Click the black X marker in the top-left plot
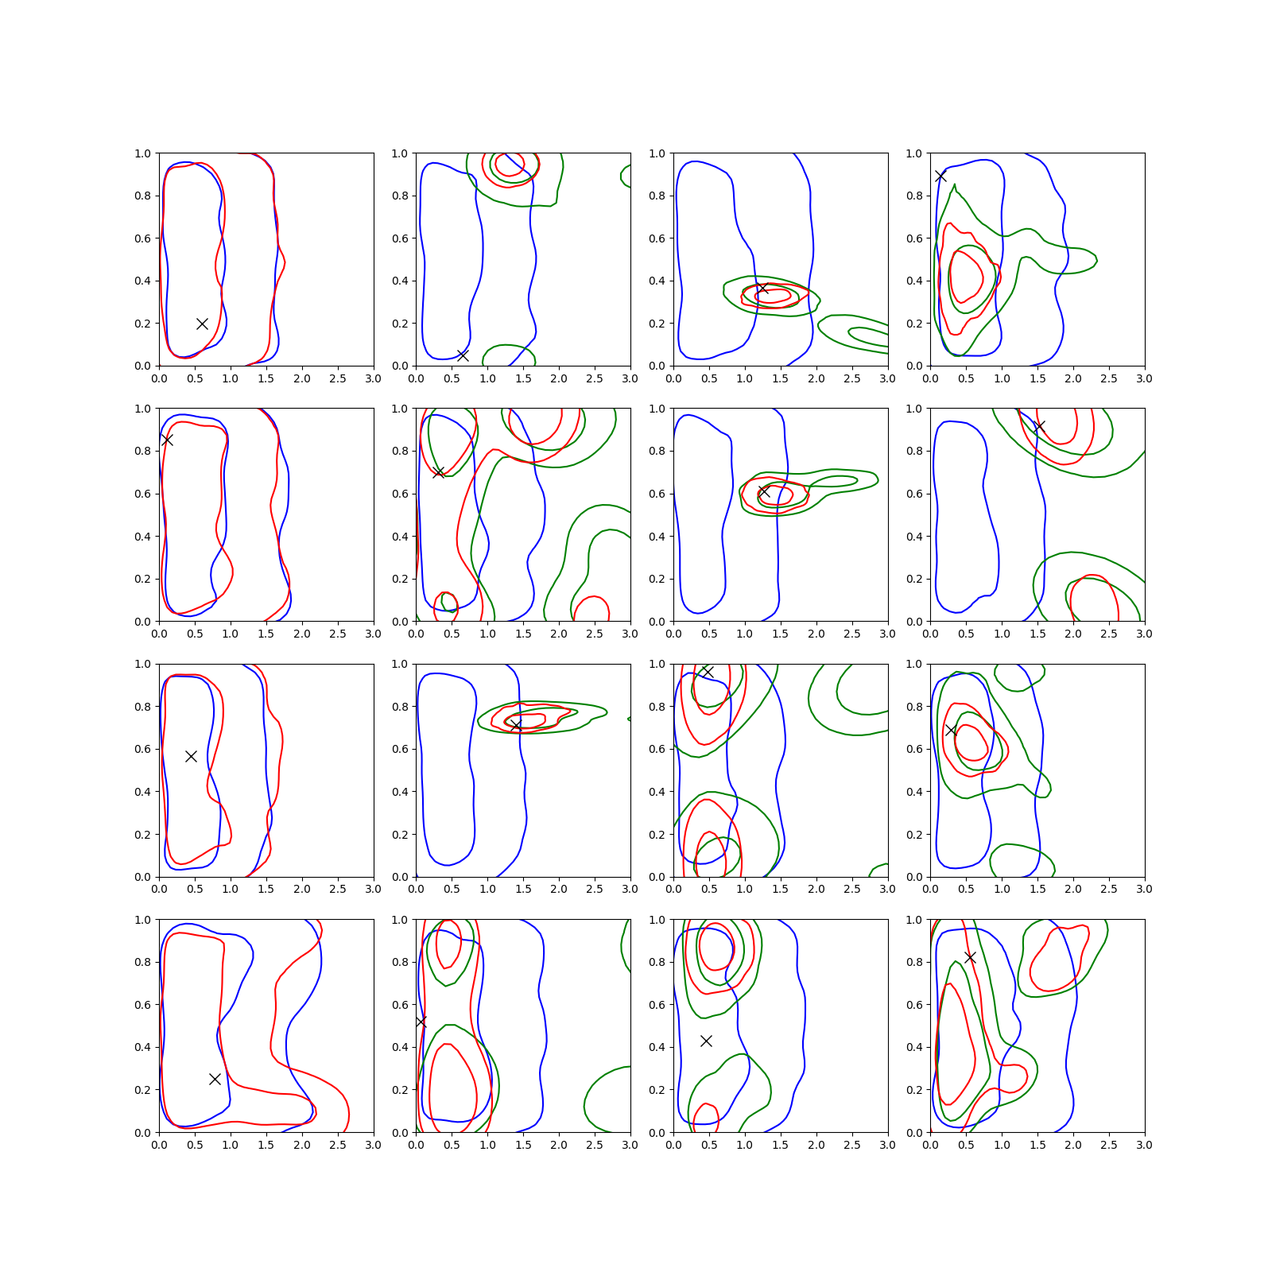pyautogui.click(x=202, y=324)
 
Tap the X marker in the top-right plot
pyautogui.click(x=940, y=176)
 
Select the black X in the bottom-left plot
pyautogui.click(x=215, y=1079)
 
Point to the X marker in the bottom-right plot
pyautogui.click(x=970, y=957)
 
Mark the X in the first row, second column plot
pyautogui.click(x=463, y=355)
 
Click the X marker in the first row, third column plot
pyautogui.click(x=763, y=288)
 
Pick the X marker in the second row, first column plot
pyautogui.click(x=166, y=440)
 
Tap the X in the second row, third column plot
pyautogui.click(x=764, y=492)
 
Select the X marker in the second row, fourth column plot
pyautogui.click(x=1038, y=427)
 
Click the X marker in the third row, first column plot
pyautogui.click(x=191, y=756)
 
